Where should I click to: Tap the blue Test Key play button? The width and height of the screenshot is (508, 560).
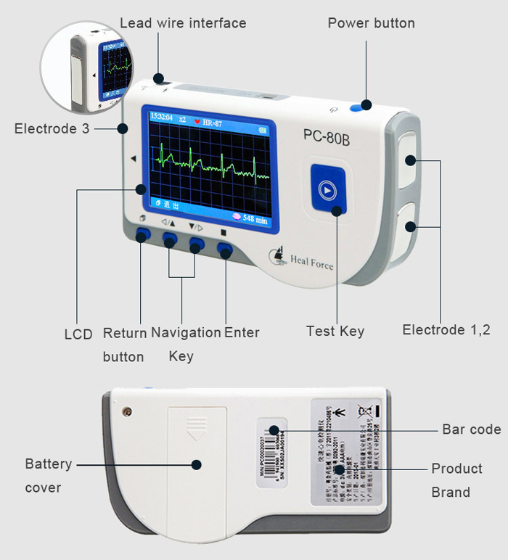pyautogui.click(x=328, y=191)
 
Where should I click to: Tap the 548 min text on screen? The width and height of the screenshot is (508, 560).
pyautogui.click(x=255, y=218)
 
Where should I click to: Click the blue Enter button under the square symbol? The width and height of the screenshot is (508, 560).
pyautogui.click(x=224, y=250)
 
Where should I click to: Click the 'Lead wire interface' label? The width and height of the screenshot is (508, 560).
pyautogui.click(x=183, y=23)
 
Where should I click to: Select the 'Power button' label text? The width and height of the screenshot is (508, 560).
pyautogui.click(x=371, y=23)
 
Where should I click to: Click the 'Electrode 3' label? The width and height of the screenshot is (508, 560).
pyautogui.click(x=56, y=129)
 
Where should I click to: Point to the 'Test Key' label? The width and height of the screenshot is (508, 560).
pyautogui.click(x=335, y=332)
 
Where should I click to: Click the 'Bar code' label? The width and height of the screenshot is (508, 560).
pyautogui.click(x=471, y=429)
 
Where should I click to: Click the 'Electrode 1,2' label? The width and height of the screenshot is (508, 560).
pyautogui.click(x=446, y=330)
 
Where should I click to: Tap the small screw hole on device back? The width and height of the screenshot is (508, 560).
pyautogui.click(x=127, y=411)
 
